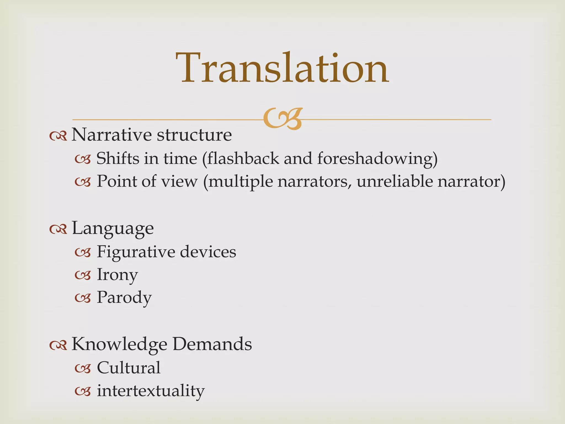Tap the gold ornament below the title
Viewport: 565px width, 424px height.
pos(282,119)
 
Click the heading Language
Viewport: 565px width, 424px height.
pos(113,229)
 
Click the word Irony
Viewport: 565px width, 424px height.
pos(117,275)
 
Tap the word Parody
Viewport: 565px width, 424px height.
pos(124,298)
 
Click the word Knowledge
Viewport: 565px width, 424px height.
pos(119,344)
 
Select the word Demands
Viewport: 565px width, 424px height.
pos(212,344)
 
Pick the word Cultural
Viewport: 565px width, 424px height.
pos(129,368)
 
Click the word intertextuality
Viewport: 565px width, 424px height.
pos(151,391)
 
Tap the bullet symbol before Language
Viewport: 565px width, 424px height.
pos(58,229)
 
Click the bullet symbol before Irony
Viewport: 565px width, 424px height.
pos(83,275)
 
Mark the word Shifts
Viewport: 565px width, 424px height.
pos(118,159)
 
